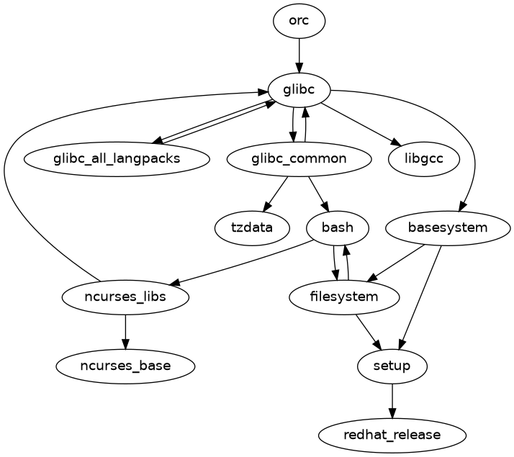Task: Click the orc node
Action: [x=299, y=21]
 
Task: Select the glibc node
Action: [x=299, y=90]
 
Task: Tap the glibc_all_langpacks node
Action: [x=117, y=159]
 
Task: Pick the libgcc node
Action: [x=424, y=159]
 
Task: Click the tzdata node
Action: [x=252, y=228]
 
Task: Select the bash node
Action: [x=338, y=228]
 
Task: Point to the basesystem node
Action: [x=448, y=228]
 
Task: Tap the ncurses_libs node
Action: [x=125, y=297]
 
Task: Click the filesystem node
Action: [x=344, y=297]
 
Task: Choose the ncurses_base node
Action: [x=125, y=366]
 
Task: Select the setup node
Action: [x=392, y=366]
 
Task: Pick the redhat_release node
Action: [x=392, y=435]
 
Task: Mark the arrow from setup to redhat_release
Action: [x=392, y=400]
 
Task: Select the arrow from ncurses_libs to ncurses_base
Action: [x=125, y=331]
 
